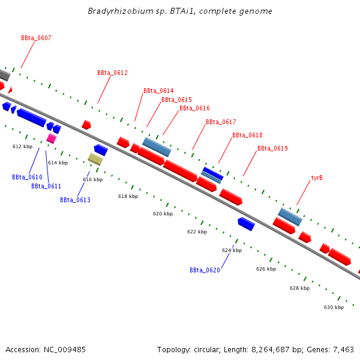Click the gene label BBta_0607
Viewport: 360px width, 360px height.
click(36, 38)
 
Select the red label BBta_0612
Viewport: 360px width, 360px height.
click(112, 73)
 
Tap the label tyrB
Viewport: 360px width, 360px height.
click(317, 178)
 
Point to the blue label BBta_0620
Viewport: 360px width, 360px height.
click(205, 270)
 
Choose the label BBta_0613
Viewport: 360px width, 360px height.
click(75, 200)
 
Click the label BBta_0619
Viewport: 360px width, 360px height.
click(272, 148)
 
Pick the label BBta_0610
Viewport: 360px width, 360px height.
click(27, 177)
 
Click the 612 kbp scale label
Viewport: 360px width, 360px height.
click(23, 146)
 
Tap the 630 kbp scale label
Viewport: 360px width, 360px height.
click(334, 307)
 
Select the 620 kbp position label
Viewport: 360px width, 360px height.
click(163, 214)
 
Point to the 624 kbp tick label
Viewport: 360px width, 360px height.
click(232, 250)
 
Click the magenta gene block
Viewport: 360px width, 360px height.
click(52, 139)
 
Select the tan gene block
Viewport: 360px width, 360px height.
click(95, 159)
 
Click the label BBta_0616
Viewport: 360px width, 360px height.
click(194, 108)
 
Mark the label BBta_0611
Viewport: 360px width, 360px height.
click(46, 186)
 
